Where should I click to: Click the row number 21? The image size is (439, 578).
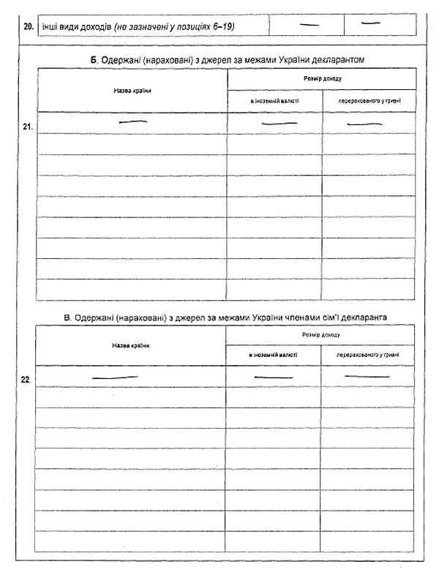28,126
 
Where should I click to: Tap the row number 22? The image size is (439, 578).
26,380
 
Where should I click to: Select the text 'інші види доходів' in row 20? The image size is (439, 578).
75,26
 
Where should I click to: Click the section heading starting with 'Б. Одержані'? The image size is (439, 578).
228,58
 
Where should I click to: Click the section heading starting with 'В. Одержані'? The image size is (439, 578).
225,318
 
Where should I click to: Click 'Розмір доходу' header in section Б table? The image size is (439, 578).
323,78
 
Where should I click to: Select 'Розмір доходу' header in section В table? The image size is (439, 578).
320,334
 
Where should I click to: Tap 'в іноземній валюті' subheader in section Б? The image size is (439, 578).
274,100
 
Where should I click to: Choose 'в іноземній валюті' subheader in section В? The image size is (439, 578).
273,356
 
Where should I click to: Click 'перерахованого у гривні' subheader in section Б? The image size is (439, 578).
369,100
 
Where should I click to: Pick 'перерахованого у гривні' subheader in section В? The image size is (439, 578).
367,356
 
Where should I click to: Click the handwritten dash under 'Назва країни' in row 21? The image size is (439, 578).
133,122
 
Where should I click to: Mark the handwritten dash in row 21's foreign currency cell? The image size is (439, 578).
274,124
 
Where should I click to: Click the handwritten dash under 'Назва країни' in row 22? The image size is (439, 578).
115,378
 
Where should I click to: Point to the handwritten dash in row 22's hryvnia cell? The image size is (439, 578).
367,375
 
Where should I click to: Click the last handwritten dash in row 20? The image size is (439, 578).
372,23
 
